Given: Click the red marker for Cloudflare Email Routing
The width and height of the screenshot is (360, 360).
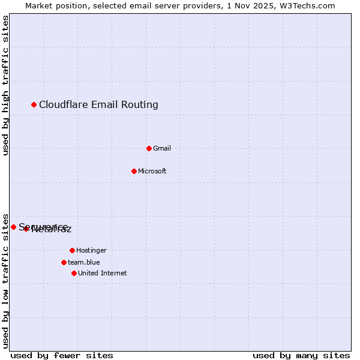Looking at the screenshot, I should click(34, 105).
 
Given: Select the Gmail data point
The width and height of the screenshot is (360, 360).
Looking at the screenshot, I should click(149, 148).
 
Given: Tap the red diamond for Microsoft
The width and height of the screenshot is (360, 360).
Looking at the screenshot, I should click(134, 171).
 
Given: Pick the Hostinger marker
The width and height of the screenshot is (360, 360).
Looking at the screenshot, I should click(72, 250).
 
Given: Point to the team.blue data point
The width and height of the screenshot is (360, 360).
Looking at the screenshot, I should click(64, 262).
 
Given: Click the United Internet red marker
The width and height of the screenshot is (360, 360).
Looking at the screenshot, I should click(74, 273).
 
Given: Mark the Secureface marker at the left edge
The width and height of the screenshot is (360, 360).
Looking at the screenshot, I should click(13, 227).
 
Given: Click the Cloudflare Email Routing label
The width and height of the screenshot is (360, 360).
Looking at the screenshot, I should click(98, 105).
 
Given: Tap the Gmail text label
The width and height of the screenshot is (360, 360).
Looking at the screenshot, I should click(162, 149).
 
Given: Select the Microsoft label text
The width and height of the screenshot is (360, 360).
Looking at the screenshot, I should click(152, 172).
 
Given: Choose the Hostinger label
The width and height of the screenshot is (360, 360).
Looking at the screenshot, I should click(91, 251).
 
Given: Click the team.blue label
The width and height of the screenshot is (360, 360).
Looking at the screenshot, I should click(84, 263).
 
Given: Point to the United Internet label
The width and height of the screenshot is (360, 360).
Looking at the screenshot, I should click(103, 274).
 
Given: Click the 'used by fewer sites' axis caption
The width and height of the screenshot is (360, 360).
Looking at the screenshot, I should click(62, 355).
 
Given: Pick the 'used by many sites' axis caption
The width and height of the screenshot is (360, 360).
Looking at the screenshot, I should click(301, 355).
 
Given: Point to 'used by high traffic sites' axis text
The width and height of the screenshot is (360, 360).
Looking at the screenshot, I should click(5, 85).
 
